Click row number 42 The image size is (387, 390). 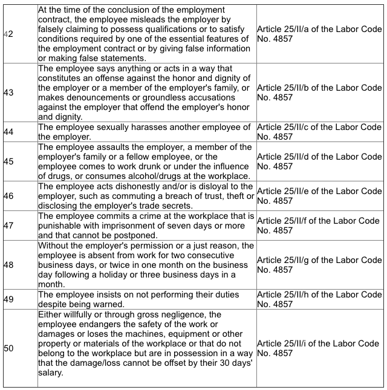tap(8, 34)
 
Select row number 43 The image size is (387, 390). tap(8, 93)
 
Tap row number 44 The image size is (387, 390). tap(8, 132)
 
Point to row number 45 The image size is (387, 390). tap(8, 161)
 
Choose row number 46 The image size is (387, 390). tap(8, 196)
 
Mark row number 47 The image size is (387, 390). tap(8, 226)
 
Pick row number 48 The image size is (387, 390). tap(8, 264)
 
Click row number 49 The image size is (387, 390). tap(8, 299)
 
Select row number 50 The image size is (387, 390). tap(8, 348)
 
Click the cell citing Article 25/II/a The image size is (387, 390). tap(319, 34)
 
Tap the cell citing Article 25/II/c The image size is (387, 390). tap(319, 132)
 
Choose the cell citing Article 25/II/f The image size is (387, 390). tap(319, 226)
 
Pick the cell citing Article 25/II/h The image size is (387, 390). tap(319, 299)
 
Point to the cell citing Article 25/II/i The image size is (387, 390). tap(319, 348)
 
